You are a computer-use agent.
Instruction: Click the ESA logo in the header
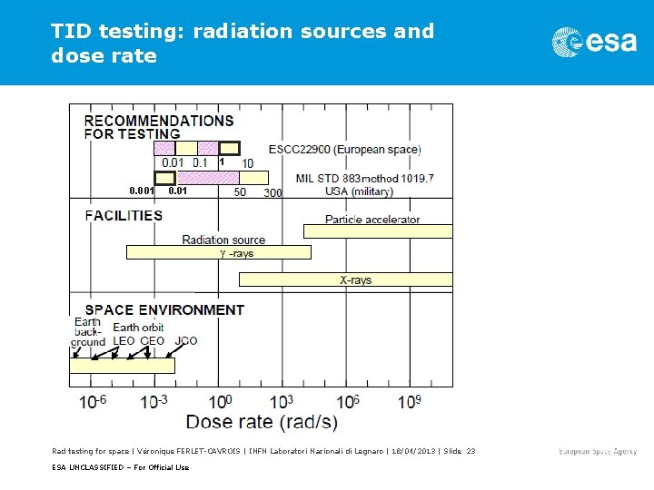[594, 41]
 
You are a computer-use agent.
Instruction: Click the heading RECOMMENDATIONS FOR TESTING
[159, 127]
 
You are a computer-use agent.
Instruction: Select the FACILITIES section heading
[124, 216]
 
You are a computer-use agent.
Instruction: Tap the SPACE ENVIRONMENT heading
[164, 309]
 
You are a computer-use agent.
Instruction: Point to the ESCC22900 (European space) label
[344, 149]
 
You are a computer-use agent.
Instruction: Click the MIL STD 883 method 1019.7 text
[364, 179]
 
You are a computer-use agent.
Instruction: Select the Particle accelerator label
[372, 219]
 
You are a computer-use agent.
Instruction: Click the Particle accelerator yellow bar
[377, 231]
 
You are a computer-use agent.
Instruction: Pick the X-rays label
[356, 280]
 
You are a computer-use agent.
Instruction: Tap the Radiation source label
[223, 240]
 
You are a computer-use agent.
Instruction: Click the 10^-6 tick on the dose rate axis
[93, 401]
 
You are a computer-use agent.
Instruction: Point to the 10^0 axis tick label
[220, 401]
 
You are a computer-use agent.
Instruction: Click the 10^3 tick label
[284, 401]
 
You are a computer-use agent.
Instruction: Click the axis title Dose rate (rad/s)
[261, 422]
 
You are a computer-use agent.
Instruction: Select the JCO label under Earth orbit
[186, 341]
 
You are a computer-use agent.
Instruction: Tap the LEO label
[124, 341]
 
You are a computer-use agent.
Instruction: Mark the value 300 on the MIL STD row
[272, 192]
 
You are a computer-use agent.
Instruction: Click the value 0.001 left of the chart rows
[142, 191]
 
